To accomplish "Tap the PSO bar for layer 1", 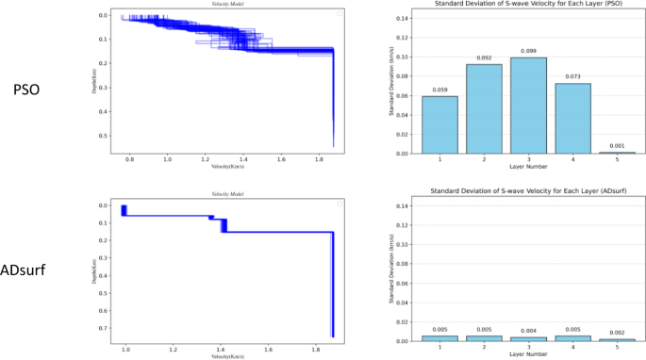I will coord(439,124).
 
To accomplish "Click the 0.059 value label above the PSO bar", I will coord(439,90).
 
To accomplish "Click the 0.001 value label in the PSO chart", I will coord(618,146).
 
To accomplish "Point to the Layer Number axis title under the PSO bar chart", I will coord(528,170).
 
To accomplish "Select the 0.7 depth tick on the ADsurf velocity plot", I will coord(106,327).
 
